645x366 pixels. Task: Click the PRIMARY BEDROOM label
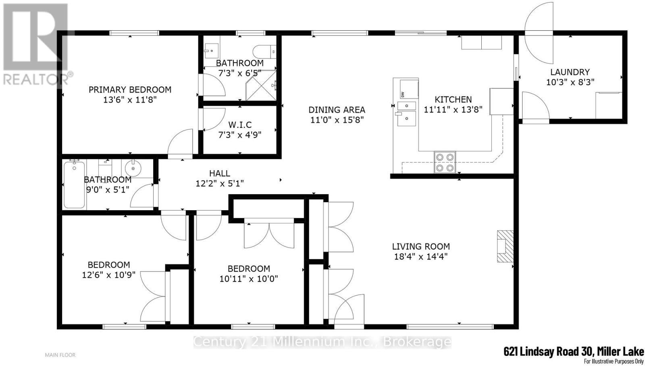130,90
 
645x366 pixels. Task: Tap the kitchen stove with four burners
445,162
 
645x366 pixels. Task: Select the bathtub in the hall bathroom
74,185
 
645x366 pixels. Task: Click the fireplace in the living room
505,246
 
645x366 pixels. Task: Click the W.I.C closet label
240,125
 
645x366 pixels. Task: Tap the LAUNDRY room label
570,72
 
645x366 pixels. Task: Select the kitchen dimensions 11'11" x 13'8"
453,109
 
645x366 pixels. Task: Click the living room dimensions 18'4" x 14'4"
421,257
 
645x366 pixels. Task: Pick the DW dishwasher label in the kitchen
403,94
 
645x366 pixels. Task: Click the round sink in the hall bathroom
133,168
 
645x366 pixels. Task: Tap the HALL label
219,173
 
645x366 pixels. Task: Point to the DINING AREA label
337,110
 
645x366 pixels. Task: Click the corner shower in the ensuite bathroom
261,85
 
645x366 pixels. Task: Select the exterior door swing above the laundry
539,33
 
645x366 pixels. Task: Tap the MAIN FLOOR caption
60,355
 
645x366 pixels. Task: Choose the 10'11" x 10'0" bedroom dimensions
248,279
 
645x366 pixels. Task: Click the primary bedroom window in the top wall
134,33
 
